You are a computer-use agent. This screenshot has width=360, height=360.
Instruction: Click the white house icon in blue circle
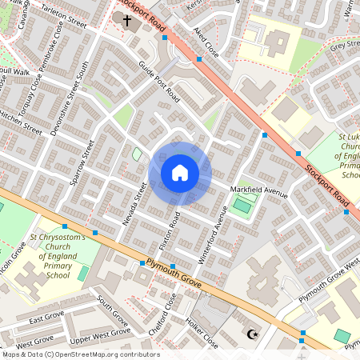(x=180, y=173)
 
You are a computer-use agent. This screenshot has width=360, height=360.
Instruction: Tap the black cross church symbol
(x=126, y=18)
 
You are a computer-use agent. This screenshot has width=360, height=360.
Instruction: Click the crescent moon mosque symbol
(x=255, y=334)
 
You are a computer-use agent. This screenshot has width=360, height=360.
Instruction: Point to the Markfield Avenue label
(x=258, y=190)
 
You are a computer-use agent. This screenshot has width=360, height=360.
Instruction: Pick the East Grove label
(x=46, y=320)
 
